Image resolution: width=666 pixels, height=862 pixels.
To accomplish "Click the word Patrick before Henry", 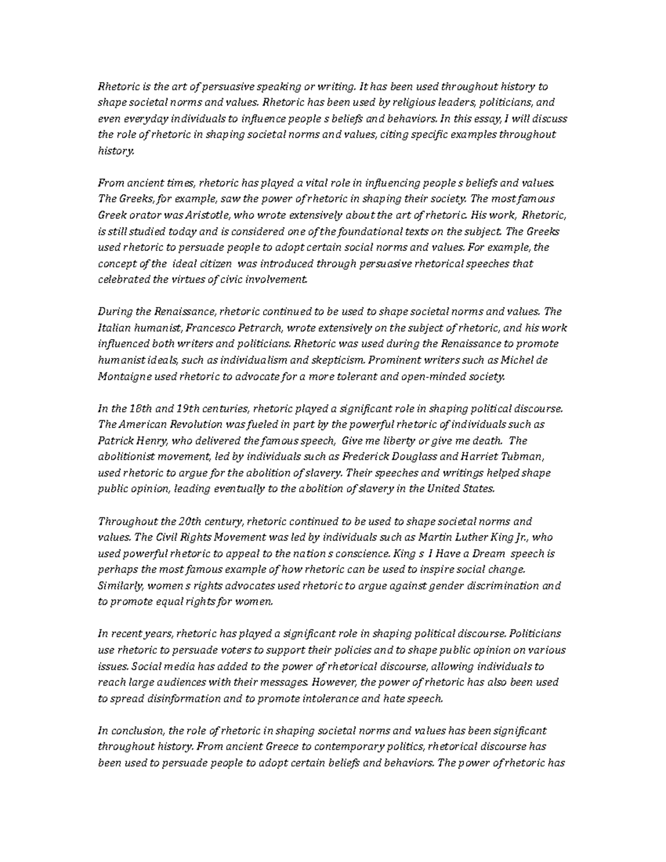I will (x=115, y=441).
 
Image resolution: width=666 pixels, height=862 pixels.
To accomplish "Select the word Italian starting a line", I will (x=113, y=327).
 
